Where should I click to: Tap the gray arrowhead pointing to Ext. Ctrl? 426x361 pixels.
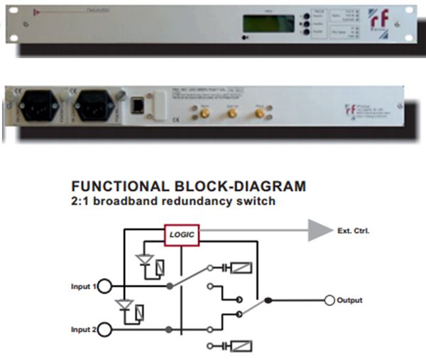click(x=320, y=231)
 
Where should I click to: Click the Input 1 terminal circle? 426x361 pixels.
click(x=105, y=286)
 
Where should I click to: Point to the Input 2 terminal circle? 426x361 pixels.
click(x=105, y=330)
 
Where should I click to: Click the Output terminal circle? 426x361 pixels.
click(x=329, y=301)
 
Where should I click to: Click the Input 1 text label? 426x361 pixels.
click(x=82, y=286)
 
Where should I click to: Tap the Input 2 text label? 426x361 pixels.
click(x=82, y=330)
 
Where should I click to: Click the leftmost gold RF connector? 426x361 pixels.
click(x=201, y=113)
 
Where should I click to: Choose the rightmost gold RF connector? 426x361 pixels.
click(x=259, y=113)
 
